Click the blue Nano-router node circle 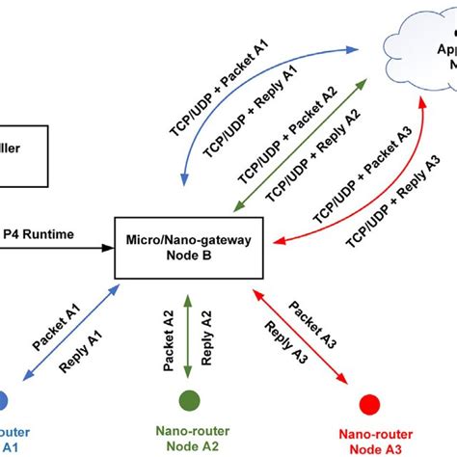point(4,399)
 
